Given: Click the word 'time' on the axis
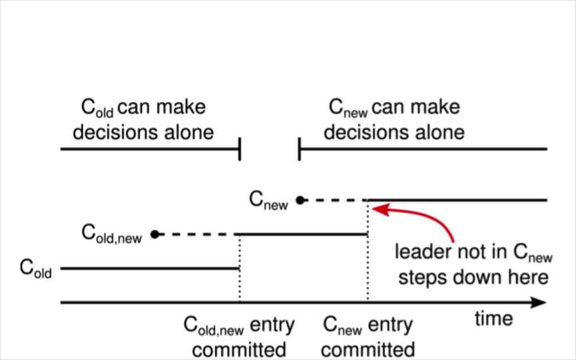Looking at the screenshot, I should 493,319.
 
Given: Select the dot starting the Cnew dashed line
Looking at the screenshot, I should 300,200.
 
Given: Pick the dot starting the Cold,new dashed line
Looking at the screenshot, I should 154,234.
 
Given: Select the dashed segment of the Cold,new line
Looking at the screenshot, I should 196,234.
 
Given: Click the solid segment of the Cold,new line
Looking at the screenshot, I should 303,234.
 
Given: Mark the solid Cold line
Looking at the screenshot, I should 150,269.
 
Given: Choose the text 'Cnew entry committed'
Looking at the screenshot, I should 367,337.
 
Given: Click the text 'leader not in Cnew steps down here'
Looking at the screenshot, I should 472,264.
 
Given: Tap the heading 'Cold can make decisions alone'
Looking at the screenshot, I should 143,119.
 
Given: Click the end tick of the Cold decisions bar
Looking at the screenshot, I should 239,150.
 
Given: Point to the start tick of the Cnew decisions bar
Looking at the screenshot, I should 300,150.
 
